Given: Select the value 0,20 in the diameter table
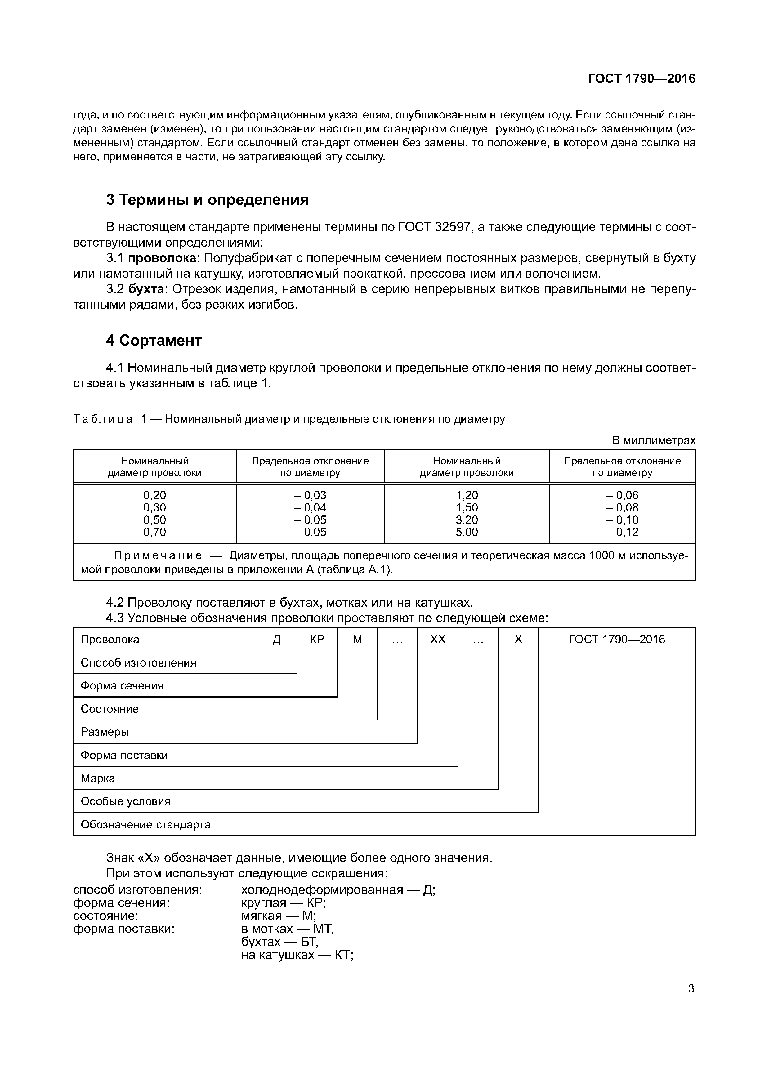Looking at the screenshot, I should coord(154,495).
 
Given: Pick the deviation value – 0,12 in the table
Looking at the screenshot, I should coord(622,532).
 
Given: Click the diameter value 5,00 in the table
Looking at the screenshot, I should coord(467,532).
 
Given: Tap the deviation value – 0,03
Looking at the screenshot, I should coord(310,495).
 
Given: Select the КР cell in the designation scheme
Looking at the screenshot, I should coord(317,640).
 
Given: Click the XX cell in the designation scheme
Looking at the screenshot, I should coord(437,640).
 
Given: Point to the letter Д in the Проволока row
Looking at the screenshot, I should coord(277,640).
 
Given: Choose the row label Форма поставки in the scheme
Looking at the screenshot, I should coord(124,755).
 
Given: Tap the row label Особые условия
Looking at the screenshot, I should coord(126,801).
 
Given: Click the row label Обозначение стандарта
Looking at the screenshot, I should coord(145,825).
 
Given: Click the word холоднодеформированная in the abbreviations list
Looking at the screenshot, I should coord(322,890).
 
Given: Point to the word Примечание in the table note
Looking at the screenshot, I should coord(158,556).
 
